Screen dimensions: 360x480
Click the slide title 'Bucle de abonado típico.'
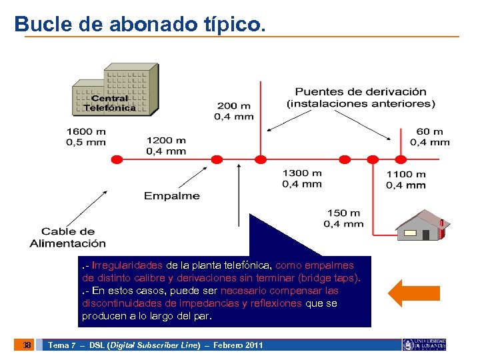click(x=140, y=25)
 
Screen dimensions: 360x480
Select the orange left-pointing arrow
click(x=413, y=292)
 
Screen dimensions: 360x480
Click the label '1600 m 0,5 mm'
click(x=85, y=137)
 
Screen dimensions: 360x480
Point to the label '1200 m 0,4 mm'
click(x=166, y=145)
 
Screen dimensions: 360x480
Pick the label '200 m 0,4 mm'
click(x=233, y=111)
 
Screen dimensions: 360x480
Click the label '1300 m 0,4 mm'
click(x=302, y=178)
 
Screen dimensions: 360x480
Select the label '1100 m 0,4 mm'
click(x=405, y=179)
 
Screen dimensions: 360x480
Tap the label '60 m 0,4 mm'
click(x=429, y=137)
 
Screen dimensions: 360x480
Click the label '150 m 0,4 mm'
click(x=345, y=218)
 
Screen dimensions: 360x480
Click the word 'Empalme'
click(x=171, y=196)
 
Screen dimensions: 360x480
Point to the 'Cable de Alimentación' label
click(x=67, y=237)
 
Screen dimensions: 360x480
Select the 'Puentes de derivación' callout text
click(x=361, y=97)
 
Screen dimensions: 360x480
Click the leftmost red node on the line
click(x=116, y=159)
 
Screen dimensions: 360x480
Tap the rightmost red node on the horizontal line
click(x=400, y=159)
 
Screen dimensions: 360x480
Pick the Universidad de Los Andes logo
click(x=424, y=345)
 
